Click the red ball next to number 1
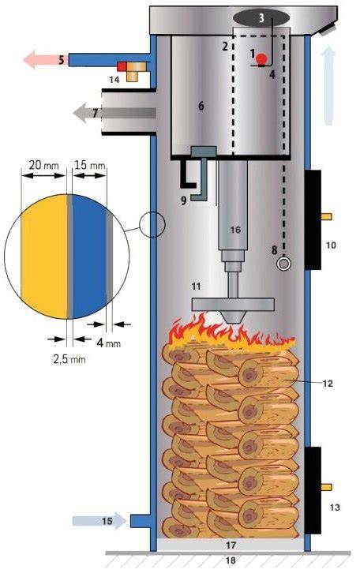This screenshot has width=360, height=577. coord(262,58)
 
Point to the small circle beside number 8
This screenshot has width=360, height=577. coord(283,264)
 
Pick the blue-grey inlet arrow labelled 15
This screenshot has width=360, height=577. coord(99,521)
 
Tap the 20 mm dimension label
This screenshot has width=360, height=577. coord(43,165)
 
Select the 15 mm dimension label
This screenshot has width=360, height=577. coord(90,165)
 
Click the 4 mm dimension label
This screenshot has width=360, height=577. coord(109,343)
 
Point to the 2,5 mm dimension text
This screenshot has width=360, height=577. coord(69,359)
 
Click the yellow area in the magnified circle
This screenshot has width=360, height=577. coord(44,256)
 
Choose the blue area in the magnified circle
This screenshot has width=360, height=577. coord(89,256)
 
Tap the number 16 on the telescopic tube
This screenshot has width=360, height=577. coord(235,230)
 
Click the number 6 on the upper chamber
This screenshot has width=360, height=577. coord(201,106)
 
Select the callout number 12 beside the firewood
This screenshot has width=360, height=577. coord(328,384)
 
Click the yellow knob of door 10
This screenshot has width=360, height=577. coord(327,216)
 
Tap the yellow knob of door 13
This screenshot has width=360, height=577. coord(327,487)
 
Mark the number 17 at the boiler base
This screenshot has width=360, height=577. coord(231,545)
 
